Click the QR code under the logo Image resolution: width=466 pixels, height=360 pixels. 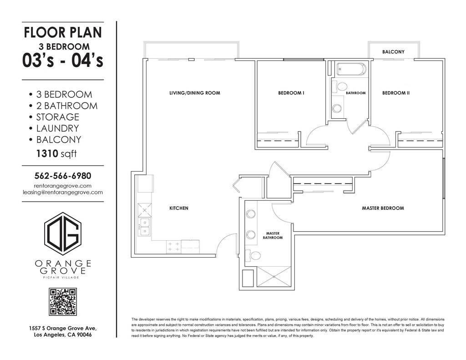[x=63, y=301]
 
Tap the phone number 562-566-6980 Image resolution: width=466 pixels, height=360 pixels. [x=63, y=176]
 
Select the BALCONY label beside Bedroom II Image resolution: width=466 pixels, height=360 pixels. [x=393, y=52]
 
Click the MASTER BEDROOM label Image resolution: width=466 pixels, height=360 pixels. [x=383, y=208]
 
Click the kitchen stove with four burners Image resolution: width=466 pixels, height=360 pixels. [x=174, y=246]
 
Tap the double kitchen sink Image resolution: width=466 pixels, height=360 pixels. [x=145, y=227]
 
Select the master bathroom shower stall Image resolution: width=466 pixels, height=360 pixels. [x=274, y=277]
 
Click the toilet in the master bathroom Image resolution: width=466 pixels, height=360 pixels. [x=253, y=255]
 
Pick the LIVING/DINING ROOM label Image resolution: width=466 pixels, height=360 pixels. [x=195, y=93]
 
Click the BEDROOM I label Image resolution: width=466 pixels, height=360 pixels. [x=291, y=93]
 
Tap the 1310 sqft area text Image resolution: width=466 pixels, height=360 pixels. [x=56, y=153]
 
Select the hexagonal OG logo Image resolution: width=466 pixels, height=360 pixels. [x=63, y=233]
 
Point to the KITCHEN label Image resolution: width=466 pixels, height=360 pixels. [x=178, y=208]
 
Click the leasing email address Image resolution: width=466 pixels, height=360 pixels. [x=63, y=193]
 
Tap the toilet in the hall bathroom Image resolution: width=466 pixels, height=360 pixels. [x=340, y=87]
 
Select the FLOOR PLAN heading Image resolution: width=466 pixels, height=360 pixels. [x=63, y=32]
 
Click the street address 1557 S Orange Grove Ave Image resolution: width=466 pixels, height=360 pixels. [x=63, y=329]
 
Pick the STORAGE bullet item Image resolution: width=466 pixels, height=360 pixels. [x=54, y=117]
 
